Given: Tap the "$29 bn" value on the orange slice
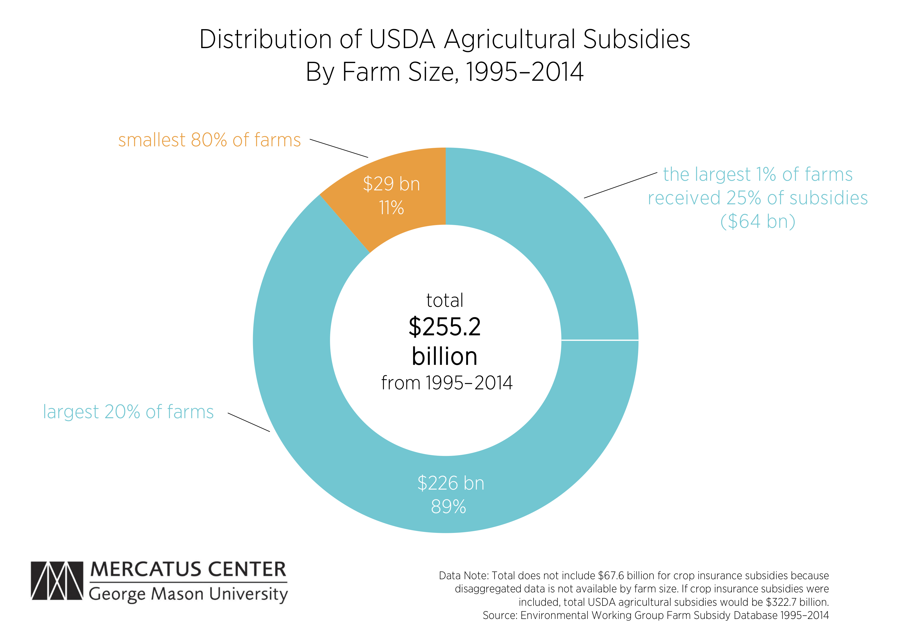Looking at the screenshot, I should (x=391, y=184).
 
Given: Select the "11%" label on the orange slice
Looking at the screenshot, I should (x=391, y=208).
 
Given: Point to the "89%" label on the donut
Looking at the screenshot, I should (x=448, y=507).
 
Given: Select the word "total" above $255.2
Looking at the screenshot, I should (x=444, y=300).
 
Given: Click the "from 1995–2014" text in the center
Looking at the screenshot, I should (x=446, y=383).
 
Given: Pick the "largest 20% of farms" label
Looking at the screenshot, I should (x=128, y=412).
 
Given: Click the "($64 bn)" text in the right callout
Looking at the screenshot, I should (x=757, y=221).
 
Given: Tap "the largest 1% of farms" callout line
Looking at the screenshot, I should (x=757, y=174).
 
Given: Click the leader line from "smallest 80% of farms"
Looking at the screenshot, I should (x=339, y=148).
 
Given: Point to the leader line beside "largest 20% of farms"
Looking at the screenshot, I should (x=248, y=422).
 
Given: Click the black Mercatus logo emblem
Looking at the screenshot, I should (x=57, y=580).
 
